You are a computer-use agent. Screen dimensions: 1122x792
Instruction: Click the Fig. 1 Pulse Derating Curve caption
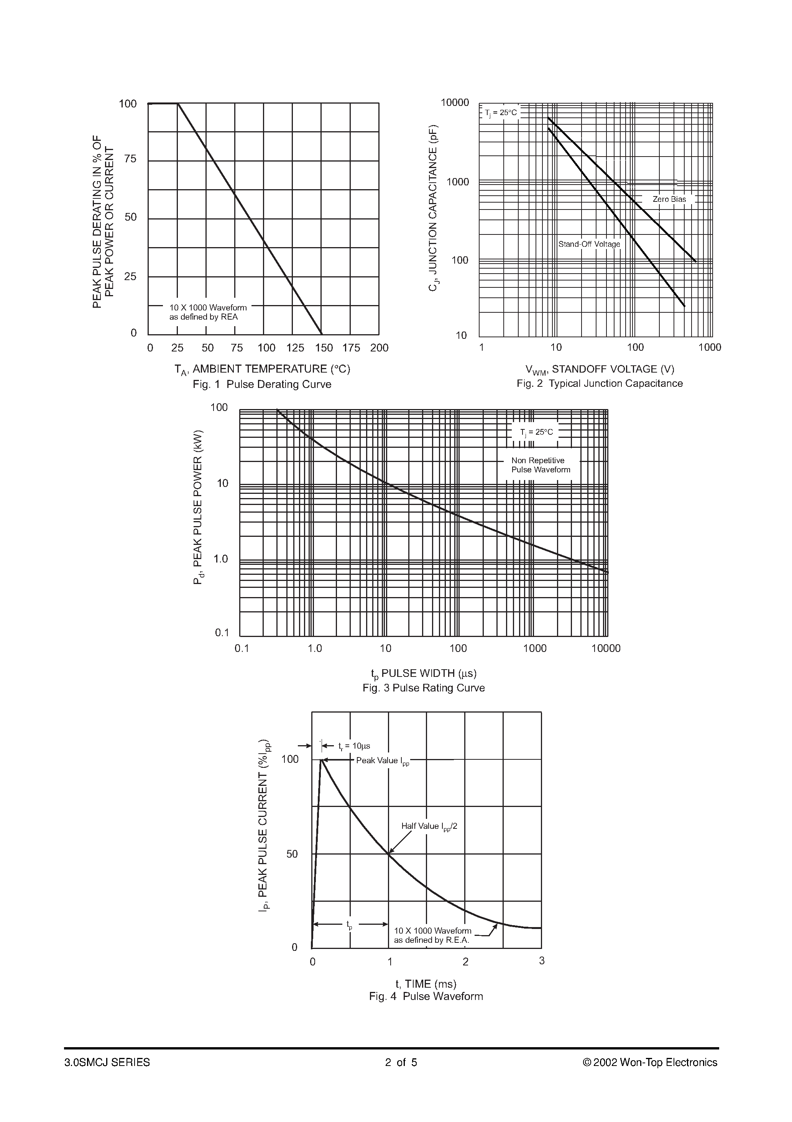pos(262,384)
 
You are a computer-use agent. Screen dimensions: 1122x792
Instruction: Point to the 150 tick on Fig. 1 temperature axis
pos(324,348)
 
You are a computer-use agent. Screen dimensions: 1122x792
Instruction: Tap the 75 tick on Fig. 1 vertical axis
pos(130,159)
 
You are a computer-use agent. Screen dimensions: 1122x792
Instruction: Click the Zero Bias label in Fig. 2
pos(669,200)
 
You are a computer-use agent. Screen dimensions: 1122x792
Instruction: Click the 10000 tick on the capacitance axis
pos(454,102)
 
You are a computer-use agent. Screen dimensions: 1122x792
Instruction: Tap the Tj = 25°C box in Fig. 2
pos(501,113)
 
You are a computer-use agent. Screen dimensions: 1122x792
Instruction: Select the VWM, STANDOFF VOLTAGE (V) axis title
pos(599,370)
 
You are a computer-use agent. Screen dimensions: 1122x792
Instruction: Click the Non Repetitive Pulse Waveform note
pos(541,465)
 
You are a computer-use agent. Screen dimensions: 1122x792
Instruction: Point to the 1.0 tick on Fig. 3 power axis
pos(221,559)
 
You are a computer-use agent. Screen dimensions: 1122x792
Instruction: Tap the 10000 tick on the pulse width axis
pos(605,648)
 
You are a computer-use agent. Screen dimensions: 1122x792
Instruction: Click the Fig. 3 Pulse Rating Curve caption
pos(423,688)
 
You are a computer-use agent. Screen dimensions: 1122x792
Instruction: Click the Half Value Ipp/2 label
pos(429,827)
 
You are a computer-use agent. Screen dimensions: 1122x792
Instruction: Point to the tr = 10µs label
pos(354,746)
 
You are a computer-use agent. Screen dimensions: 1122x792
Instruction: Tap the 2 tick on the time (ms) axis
pos(465,962)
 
